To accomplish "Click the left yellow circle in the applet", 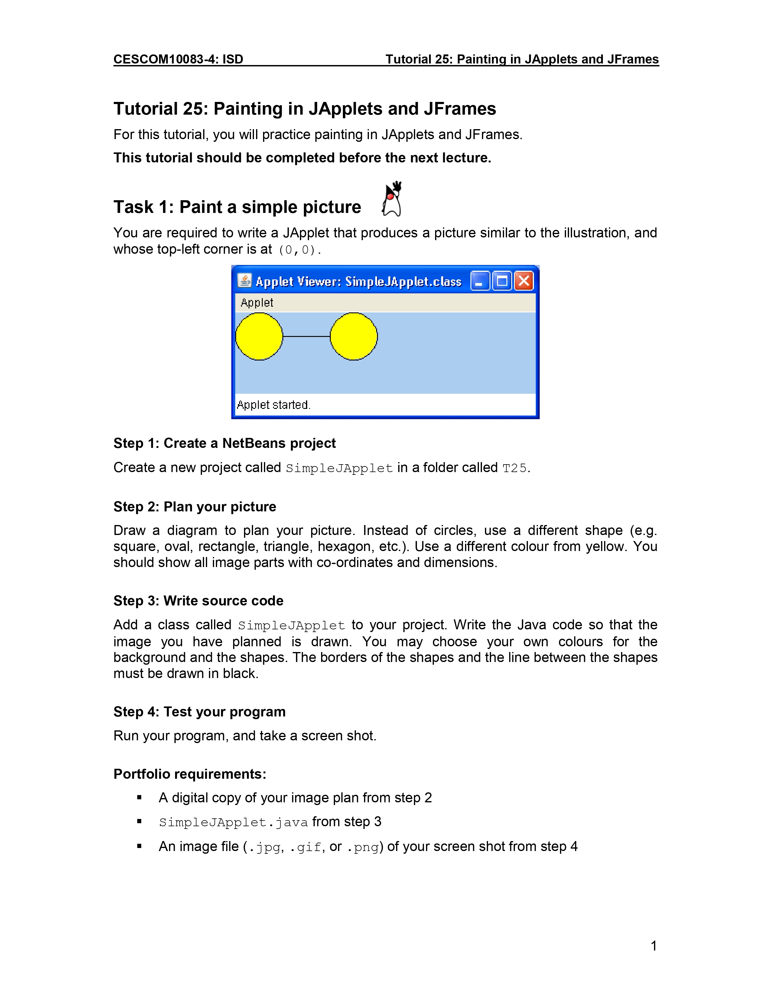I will tap(259, 336).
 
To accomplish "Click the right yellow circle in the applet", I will tap(353, 336).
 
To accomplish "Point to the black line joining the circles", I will tap(306, 336).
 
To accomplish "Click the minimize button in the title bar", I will tap(480, 281).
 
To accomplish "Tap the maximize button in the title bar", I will tap(502, 281).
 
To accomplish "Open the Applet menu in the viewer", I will tap(257, 302).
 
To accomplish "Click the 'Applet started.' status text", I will tap(273, 405).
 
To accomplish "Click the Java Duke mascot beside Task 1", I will tap(392, 199).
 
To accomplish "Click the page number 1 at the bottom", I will tap(654, 945).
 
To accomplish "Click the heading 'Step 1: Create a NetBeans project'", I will tap(224, 443).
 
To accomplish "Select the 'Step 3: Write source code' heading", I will tap(198, 600).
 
